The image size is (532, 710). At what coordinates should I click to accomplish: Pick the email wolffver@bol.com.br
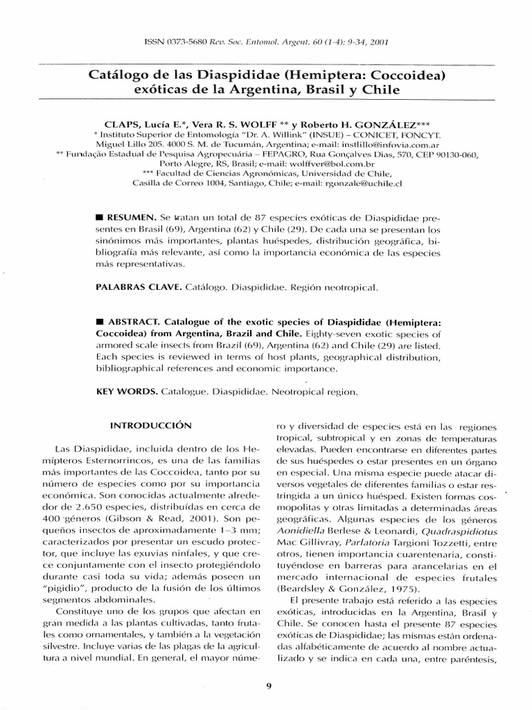pyautogui.click(x=296, y=164)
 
